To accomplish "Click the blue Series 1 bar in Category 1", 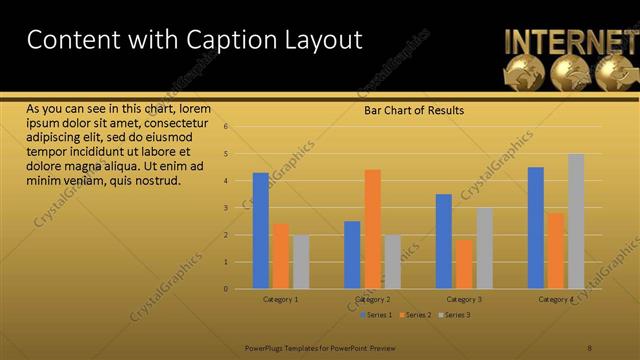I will (261, 231).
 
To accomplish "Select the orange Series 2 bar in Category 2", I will (372, 229).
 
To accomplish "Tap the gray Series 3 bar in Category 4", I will (576, 221).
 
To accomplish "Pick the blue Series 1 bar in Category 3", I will (444, 241).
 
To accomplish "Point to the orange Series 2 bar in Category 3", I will (464, 264).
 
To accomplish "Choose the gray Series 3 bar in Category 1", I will (301, 262).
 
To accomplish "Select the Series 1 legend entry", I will (376, 315).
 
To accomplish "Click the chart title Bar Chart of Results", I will (413, 111).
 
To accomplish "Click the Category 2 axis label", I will (372, 299).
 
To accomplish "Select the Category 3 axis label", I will (464, 299).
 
